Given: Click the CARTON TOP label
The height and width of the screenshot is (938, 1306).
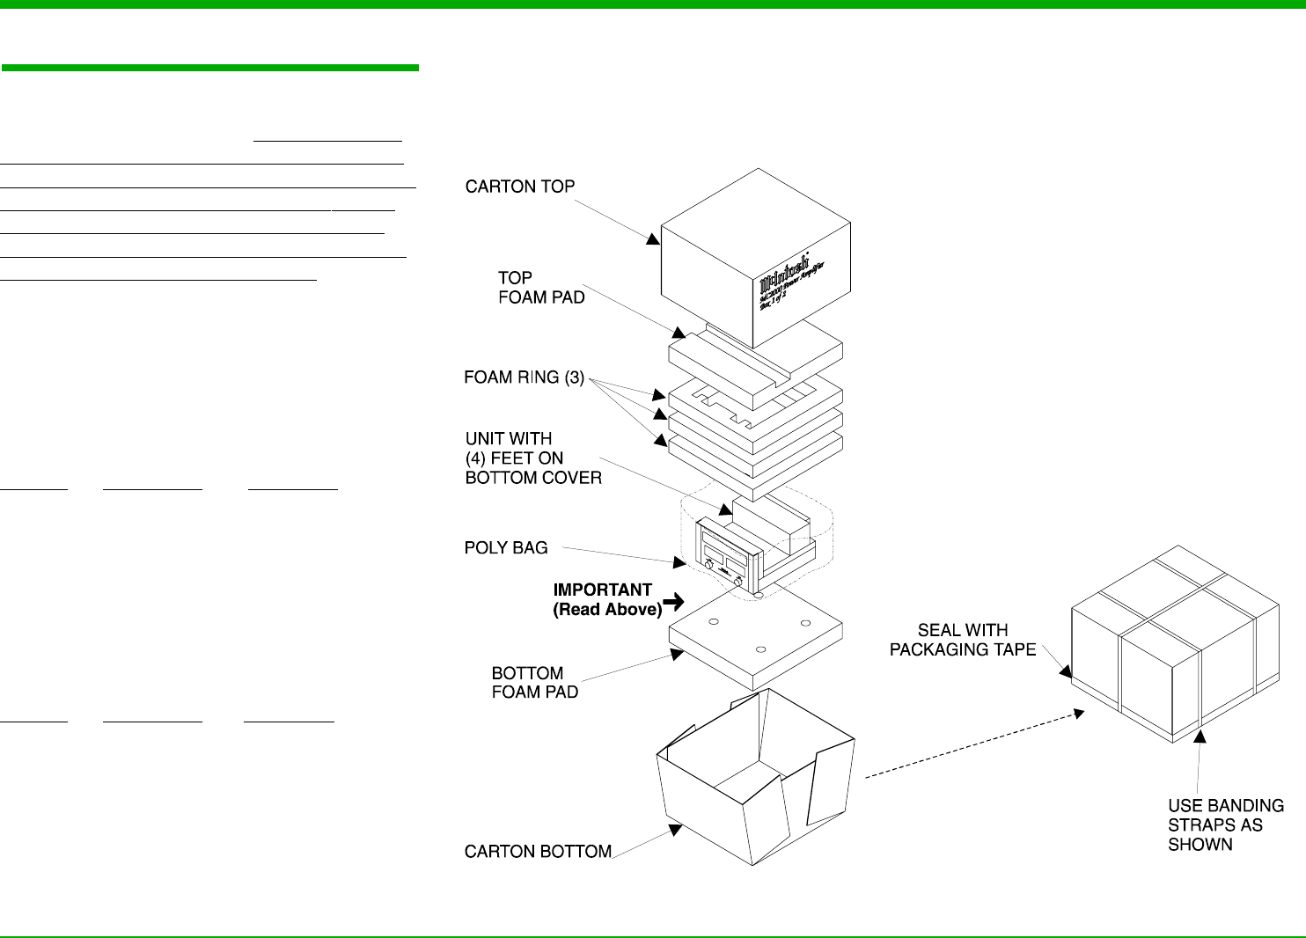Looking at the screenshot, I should tap(519, 187).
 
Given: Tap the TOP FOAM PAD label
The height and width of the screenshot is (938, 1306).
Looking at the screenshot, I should tap(541, 288).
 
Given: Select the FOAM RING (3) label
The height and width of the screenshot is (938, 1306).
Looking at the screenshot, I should tap(524, 377).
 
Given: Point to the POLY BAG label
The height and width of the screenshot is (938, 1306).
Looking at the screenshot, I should tap(506, 548).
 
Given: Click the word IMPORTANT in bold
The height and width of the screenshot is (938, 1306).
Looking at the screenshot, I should tap(602, 590).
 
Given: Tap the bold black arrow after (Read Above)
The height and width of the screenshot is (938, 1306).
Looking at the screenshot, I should tap(674, 602).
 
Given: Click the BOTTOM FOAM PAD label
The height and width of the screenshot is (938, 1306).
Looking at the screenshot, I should tap(534, 683).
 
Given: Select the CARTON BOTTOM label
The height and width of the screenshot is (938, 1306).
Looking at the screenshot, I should tap(538, 852).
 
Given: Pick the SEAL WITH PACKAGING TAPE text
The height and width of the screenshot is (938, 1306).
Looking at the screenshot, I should tap(962, 640).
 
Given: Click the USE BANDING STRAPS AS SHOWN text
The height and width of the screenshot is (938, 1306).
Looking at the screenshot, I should tap(1225, 825).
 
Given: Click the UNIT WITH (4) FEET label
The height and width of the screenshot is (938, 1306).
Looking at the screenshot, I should tap(532, 458).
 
